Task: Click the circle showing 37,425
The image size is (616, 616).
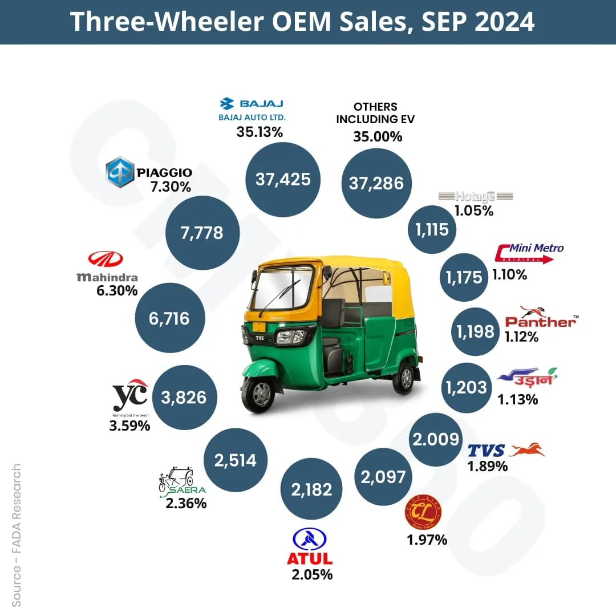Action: pyautogui.click(x=283, y=180)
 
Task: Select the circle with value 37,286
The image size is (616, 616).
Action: pyautogui.click(x=376, y=183)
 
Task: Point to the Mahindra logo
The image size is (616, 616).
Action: pyautogui.click(x=107, y=268)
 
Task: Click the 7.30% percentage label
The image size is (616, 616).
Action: pyautogui.click(x=171, y=187)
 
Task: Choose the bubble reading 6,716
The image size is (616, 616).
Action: pyautogui.click(x=170, y=318)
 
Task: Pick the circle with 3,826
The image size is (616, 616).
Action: pyautogui.click(x=184, y=397)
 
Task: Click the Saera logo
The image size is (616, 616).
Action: pyautogui.click(x=181, y=482)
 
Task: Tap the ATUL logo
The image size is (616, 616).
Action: pyautogui.click(x=310, y=546)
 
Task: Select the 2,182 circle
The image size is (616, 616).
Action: pyautogui.click(x=307, y=488)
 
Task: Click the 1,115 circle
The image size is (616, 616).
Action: pyautogui.click(x=432, y=230)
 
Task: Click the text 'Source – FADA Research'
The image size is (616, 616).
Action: pyautogui.click(x=17, y=535)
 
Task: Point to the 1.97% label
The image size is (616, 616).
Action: pyautogui.click(x=427, y=540)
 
